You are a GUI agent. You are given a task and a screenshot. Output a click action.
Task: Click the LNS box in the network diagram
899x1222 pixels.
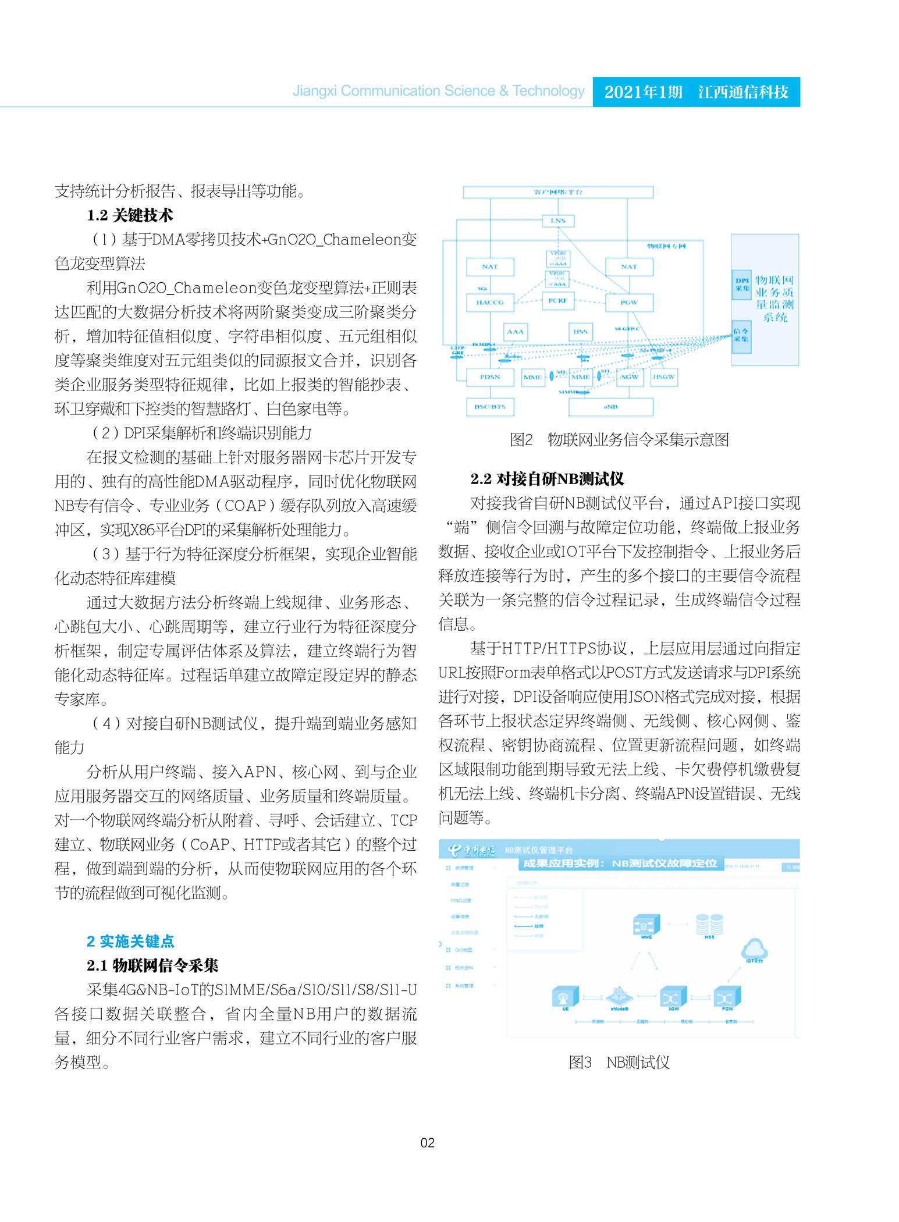pos(557,221)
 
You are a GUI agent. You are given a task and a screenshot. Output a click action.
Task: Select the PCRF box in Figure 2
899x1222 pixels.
pos(557,301)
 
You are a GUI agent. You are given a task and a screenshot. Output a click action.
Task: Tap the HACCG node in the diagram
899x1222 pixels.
pos(490,303)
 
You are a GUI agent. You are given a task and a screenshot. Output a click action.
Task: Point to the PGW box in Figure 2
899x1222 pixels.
pos(628,303)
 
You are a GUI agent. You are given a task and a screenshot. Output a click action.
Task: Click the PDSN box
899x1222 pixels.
pos(490,377)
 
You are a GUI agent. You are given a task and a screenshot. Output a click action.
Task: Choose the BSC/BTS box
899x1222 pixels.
pos(490,407)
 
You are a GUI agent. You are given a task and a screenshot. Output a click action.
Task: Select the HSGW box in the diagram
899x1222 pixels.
pos(663,377)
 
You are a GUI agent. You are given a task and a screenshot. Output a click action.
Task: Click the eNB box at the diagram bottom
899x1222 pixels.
pos(610,407)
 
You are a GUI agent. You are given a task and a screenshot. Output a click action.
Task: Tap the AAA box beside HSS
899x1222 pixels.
pos(515,332)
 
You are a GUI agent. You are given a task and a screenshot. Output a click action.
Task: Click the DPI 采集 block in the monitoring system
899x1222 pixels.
pos(742,285)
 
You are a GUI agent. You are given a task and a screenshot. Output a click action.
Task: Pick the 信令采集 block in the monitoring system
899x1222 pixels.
pos(741,336)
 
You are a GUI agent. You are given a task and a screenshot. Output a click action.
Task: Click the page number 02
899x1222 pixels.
pos(427,1143)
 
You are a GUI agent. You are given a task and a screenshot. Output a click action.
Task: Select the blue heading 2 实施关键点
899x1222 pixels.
pos(130,942)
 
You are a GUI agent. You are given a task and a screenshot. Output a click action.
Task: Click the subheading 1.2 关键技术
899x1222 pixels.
pos(130,215)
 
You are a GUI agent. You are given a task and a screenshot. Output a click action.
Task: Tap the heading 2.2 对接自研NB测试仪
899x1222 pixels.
pos(547,479)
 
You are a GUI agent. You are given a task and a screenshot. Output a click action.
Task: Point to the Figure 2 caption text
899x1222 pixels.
pos(619,440)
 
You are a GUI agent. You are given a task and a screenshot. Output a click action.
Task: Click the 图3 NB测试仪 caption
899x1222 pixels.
pos(619,1063)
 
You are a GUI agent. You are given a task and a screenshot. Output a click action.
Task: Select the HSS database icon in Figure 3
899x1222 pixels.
pos(709,924)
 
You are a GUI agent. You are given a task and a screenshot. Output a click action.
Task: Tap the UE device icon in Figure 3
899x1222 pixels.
pos(565,997)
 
